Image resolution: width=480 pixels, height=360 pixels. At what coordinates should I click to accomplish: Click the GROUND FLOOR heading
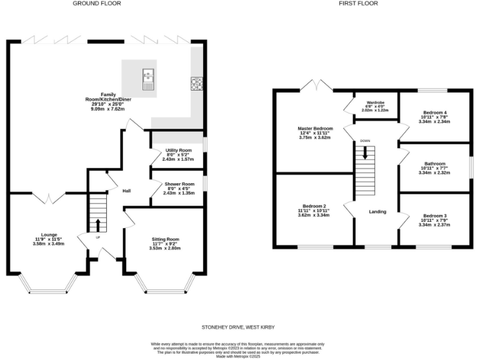[x=96, y=4]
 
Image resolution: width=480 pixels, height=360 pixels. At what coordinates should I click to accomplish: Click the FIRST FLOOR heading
[x=358, y=4]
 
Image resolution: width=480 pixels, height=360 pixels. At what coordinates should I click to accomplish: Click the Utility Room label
[x=178, y=151]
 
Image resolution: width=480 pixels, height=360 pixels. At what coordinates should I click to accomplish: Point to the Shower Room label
[x=179, y=184]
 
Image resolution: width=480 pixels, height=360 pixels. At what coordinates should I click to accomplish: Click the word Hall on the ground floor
[x=126, y=191]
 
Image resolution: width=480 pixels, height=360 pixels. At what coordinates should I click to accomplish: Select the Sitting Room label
[x=165, y=239]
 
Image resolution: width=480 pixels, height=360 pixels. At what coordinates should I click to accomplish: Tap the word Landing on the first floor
[x=377, y=211]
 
